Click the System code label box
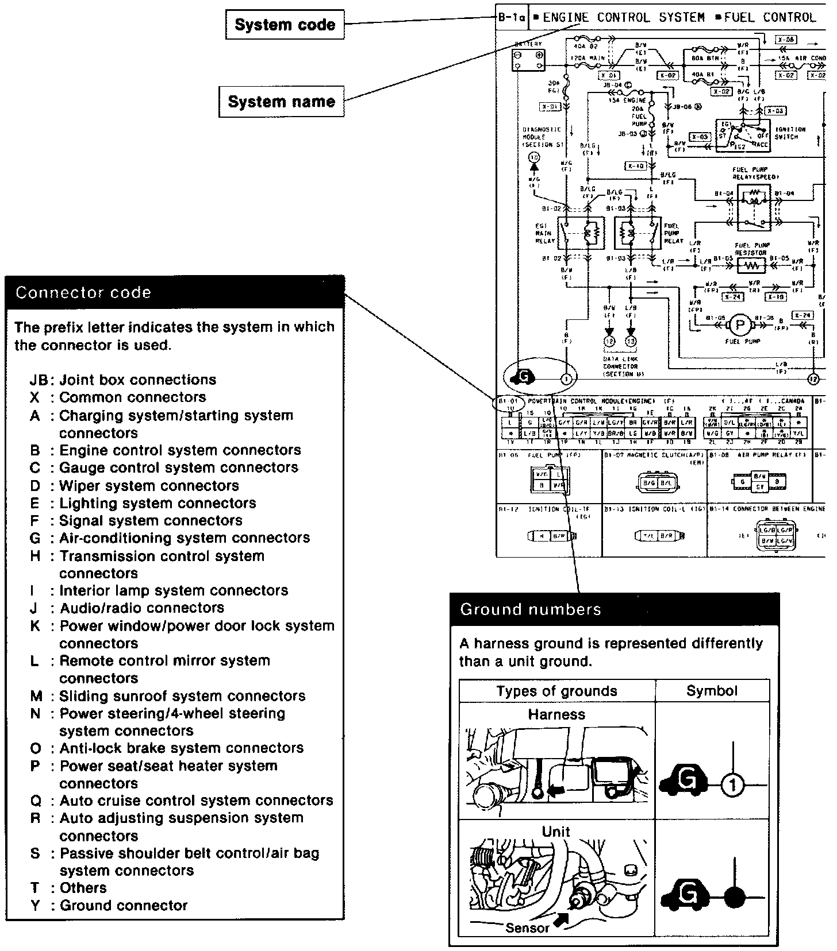[285, 25]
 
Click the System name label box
[281, 102]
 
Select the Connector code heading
[83, 292]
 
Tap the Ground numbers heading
[531, 609]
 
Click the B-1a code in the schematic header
[511, 18]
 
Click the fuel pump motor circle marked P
[740, 326]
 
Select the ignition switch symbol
[742, 136]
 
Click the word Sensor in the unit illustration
[527, 928]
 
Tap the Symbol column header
[712, 691]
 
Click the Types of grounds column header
[556, 691]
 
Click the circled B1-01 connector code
[508, 401]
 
